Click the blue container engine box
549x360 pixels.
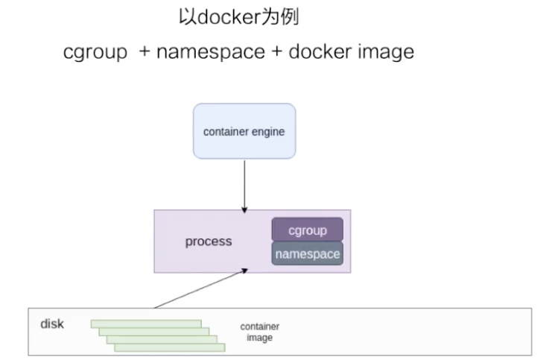244,131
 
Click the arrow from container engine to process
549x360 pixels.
244,183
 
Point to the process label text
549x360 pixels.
209,241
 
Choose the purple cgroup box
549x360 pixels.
307,230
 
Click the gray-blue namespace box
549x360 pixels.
307,254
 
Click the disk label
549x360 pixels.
52,324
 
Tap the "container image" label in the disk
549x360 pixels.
260,332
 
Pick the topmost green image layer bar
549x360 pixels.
146,323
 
